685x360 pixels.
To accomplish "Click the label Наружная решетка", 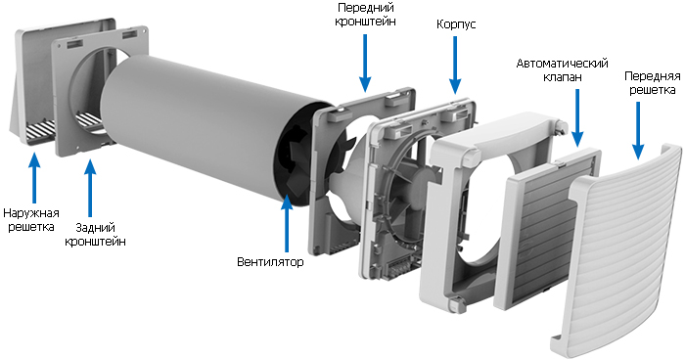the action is [x=31, y=220].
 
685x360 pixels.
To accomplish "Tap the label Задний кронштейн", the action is [x=95, y=234].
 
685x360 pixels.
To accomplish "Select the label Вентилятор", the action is [x=270, y=262].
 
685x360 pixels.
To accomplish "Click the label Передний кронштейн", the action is [x=366, y=15].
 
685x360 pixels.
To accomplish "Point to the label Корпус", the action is [x=456, y=23].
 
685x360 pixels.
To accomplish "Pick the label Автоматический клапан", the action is [x=563, y=69].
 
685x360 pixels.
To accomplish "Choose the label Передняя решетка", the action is [x=653, y=82].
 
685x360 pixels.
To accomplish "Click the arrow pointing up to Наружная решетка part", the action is [x=34, y=178].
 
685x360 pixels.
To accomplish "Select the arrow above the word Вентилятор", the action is [x=287, y=223].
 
